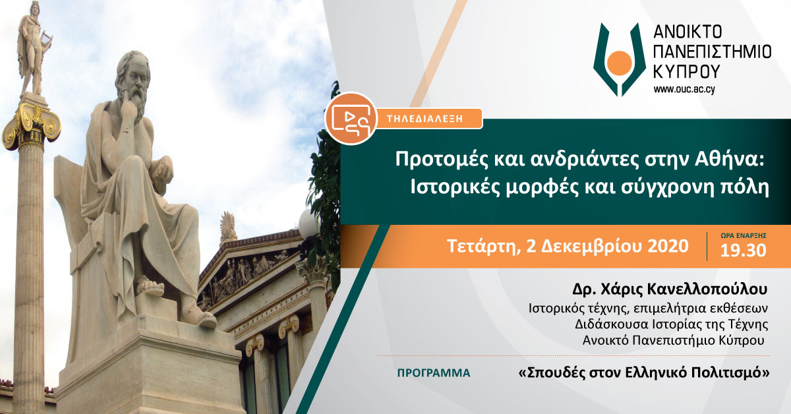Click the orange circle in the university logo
621,64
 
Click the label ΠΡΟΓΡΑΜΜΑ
434,373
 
